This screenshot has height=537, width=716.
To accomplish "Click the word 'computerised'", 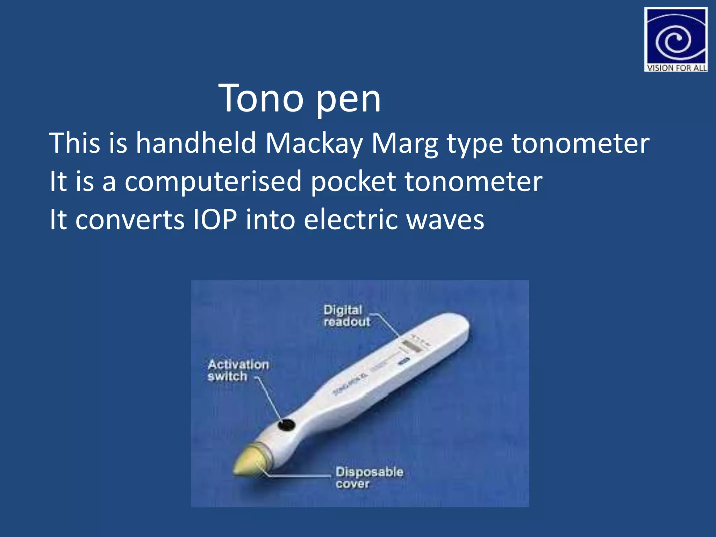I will point(213,182).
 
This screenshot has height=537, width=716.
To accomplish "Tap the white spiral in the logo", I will point(673,40).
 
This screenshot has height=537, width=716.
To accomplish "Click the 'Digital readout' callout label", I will point(346,316).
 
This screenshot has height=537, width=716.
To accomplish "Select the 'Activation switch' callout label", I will point(238,370).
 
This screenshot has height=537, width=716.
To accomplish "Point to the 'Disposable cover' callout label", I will point(369,478).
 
